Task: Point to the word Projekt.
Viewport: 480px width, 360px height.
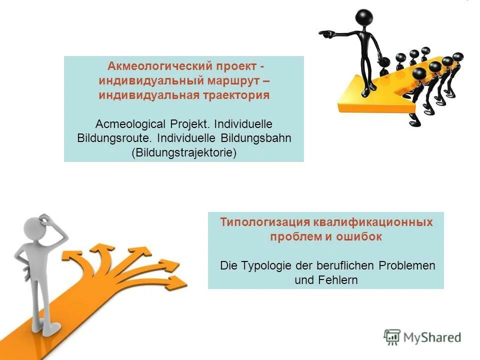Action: [181, 123]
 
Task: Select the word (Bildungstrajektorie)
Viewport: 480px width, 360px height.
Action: [183, 152]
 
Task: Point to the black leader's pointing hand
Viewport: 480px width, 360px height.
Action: [325, 34]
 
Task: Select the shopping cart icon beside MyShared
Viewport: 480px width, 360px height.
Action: [392, 336]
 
